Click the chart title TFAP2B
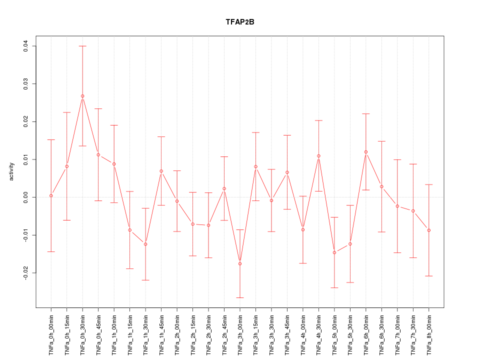pyautogui.click(x=240, y=22)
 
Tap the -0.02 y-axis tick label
pyautogui.click(x=26, y=273)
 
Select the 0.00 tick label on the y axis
pyautogui.click(x=26, y=197)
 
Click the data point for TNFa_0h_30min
pyautogui.click(x=82, y=96)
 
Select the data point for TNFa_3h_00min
pyautogui.click(x=240, y=263)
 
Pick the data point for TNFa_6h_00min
pyautogui.click(x=366, y=152)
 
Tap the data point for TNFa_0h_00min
pyautogui.click(x=51, y=195)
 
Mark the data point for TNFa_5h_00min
pyautogui.click(x=334, y=252)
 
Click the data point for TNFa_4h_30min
pyautogui.click(x=318, y=156)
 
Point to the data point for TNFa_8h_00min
pyautogui.click(x=429, y=230)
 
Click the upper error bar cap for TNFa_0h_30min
pyautogui.click(x=82, y=46)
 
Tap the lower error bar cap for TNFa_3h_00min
pyautogui.click(x=240, y=297)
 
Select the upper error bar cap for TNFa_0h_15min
pyautogui.click(x=66, y=112)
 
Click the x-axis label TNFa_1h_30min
pyautogui.click(x=145, y=335)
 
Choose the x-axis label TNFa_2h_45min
pyautogui.click(x=224, y=335)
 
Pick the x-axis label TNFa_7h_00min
pyautogui.click(x=397, y=335)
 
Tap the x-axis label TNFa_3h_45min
pyautogui.click(x=287, y=335)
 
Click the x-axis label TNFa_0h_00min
pyautogui.click(x=51, y=335)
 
